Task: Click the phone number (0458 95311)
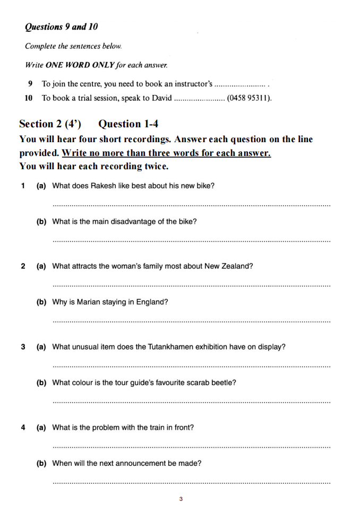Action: [249, 98]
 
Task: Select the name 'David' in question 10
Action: [162, 98]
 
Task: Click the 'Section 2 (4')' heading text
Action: [50, 124]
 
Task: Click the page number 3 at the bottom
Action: [181, 499]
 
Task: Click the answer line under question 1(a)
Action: [192, 205]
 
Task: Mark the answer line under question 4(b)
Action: [192, 483]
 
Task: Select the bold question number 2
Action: [23, 266]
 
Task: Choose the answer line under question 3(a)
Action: [192, 367]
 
